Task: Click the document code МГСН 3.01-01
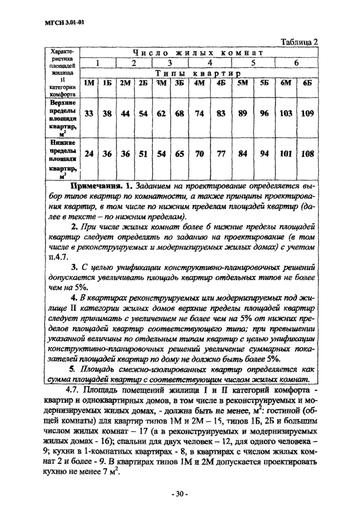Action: pos(60,22)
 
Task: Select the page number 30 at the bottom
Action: pos(179,494)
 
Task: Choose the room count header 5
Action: pos(253,63)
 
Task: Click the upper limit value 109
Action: pos(307,114)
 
